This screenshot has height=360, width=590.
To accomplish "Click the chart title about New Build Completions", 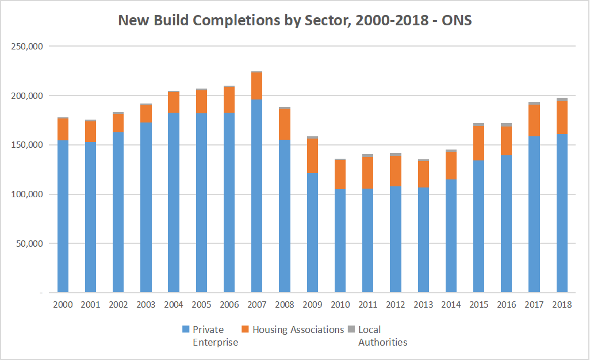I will (295, 20).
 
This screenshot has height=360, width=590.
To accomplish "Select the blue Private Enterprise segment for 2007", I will (257, 196).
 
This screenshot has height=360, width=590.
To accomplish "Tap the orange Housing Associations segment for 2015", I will (478, 143).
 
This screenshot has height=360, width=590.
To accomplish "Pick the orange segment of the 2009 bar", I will (312, 156).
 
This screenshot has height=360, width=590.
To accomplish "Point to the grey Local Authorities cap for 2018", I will (562, 99).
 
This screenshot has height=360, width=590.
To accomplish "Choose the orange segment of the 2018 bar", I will (562, 118).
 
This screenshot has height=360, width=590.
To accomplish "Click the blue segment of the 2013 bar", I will (423, 239).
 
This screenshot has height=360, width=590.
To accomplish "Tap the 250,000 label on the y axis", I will (28, 46).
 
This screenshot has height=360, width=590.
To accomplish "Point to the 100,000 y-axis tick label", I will (28, 194).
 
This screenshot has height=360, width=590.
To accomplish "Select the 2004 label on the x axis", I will (174, 305).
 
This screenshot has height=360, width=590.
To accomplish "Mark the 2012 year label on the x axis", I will (396, 305).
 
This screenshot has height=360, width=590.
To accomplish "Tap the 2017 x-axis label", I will (534, 305).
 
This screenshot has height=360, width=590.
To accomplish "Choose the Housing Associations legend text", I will (298, 330).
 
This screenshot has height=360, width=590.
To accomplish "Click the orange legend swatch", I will (245, 330).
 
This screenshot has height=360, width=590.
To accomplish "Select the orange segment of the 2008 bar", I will (285, 124).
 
